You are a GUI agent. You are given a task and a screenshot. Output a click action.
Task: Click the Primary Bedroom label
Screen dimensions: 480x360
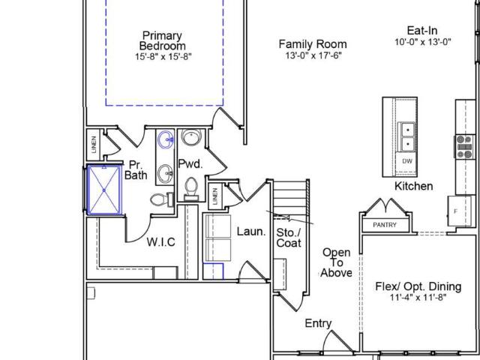tap(162, 40)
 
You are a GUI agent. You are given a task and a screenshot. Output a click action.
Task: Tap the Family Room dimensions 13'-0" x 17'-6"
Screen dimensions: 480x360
tap(313, 55)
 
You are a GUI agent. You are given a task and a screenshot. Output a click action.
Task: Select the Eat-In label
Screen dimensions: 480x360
tap(422, 30)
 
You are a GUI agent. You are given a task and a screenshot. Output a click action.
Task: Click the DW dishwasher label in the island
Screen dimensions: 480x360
tap(406, 161)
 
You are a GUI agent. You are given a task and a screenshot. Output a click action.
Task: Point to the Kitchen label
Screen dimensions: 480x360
tap(413, 186)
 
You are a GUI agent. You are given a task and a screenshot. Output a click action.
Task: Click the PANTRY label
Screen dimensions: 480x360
tap(385, 225)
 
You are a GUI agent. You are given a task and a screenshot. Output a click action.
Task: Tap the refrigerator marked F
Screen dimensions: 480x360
tap(460, 211)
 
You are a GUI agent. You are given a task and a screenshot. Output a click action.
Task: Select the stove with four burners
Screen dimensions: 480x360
tap(464, 147)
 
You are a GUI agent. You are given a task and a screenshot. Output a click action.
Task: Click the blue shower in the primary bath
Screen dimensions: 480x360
tap(104, 190)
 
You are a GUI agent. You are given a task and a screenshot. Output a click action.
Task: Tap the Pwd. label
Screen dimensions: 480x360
tap(190, 164)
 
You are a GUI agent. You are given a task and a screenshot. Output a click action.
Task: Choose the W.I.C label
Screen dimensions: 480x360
tap(160, 241)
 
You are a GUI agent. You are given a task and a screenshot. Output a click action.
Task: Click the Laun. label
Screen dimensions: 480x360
tap(251, 232)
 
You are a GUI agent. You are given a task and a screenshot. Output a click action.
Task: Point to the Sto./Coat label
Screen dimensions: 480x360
tap(289, 238)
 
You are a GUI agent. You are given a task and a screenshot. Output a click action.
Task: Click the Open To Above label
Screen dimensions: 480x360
tap(337, 262)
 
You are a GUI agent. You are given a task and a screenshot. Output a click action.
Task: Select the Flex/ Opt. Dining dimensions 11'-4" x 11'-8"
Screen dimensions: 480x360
tap(418, 297)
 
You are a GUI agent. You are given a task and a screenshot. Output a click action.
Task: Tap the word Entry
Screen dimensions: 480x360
tap(318, 323)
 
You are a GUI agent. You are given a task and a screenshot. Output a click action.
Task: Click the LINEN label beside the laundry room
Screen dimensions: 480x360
tap(215, 196)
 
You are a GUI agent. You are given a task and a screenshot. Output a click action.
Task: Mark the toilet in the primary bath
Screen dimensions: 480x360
tap(162, 199)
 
